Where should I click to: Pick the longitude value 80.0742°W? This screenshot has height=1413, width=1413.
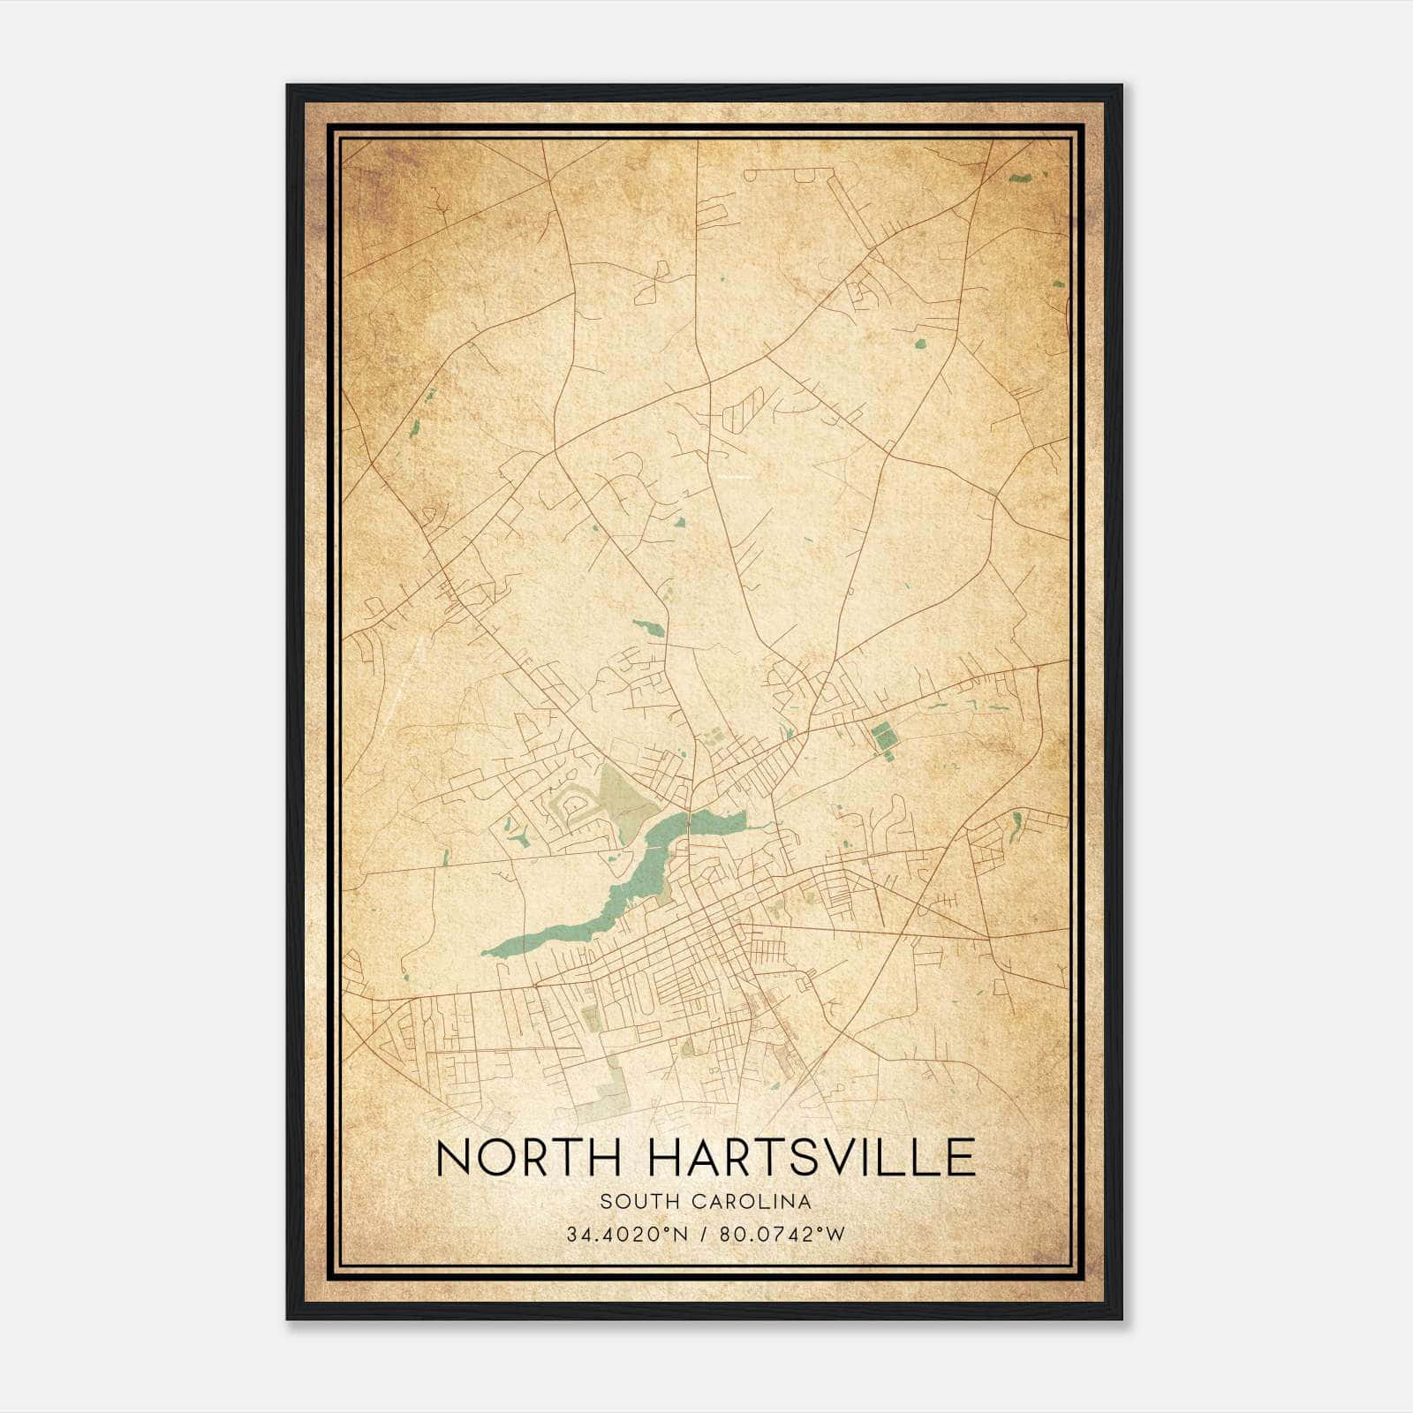783,1234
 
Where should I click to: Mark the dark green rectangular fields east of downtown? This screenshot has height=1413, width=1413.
880,738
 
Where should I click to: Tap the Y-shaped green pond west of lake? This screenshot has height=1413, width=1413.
513,830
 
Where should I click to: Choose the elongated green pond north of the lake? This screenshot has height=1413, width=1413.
649,628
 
